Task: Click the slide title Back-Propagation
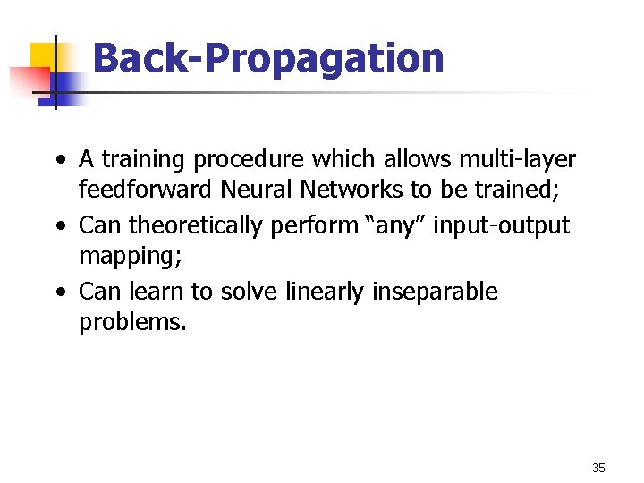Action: click(267, 59)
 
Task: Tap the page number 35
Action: click(598, 468)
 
